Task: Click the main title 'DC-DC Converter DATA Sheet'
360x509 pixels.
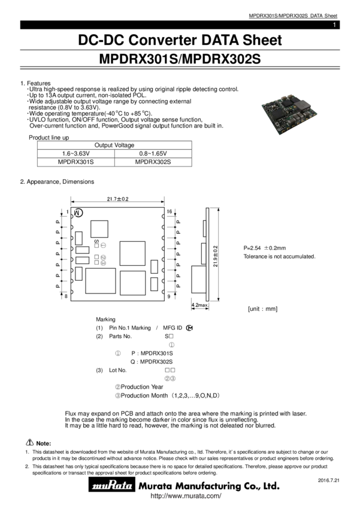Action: [180, 41]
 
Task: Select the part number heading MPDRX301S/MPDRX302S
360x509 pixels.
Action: [180, 60]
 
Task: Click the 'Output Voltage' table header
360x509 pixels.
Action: [114, 146]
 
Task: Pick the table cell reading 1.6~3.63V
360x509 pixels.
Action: [75, 154]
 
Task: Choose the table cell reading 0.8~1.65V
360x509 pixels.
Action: [153, 154]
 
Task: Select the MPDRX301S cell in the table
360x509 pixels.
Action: [75, 162]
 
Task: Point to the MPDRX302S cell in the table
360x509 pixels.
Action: [153, 162]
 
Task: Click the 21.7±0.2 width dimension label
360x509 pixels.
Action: [118, 199]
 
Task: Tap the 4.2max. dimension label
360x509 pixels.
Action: [199, 305]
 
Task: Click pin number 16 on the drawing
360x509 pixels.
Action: [170, 212]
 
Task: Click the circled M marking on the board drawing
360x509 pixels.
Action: [78, 213]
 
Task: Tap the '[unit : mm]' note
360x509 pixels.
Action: [262, 309]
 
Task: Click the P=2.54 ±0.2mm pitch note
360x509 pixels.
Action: [264, 248]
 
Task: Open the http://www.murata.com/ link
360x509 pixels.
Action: [185, 496]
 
